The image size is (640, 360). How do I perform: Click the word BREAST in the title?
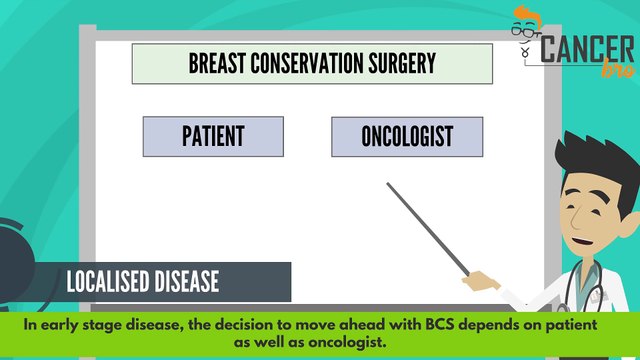[x=216, y=64]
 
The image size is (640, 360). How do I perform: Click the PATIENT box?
[x=213, y=136]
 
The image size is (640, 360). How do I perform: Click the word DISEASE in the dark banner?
[x=186, y=282]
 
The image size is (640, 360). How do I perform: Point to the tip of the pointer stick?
[x=388, y=184]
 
